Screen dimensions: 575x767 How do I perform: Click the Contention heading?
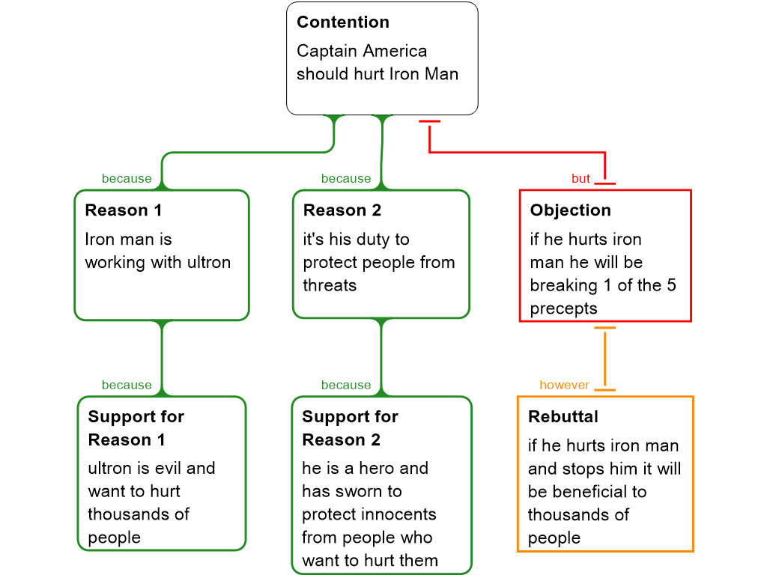(342, 22)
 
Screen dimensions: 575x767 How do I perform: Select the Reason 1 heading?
(123, 210)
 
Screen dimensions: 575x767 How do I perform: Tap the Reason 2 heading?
(342, 210)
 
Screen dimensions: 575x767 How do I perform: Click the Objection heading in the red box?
(570, 210)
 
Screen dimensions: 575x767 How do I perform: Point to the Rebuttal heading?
(563, 417)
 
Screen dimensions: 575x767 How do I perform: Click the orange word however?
(564, 385)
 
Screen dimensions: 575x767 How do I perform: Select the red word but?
(580, 179)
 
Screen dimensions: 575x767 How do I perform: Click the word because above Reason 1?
(127, 179)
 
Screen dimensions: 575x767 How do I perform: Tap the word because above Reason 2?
(346, 179)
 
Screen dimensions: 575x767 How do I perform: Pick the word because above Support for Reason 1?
(127, 385)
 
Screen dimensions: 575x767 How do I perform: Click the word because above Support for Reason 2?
(346, 385)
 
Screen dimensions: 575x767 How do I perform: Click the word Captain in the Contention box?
(326, 52)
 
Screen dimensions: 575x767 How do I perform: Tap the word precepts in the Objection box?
(563, 308)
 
